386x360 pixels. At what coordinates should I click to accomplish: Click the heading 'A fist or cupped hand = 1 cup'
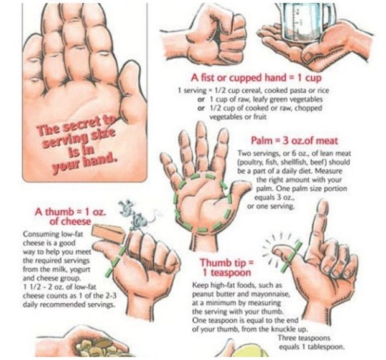click(257, 78)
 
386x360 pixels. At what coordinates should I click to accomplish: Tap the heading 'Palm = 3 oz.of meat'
click(294, 141)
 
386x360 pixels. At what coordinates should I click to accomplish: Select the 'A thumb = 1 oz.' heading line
click(70, 212)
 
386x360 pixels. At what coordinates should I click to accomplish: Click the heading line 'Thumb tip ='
click(227, 263)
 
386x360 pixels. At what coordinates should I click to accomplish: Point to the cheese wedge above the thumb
click(109, 233)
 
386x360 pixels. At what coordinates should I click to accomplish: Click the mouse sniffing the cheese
click(134, 214)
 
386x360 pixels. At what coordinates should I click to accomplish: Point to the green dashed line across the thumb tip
click(291, 255)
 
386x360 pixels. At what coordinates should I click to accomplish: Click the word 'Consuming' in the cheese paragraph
click(41, 234)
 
